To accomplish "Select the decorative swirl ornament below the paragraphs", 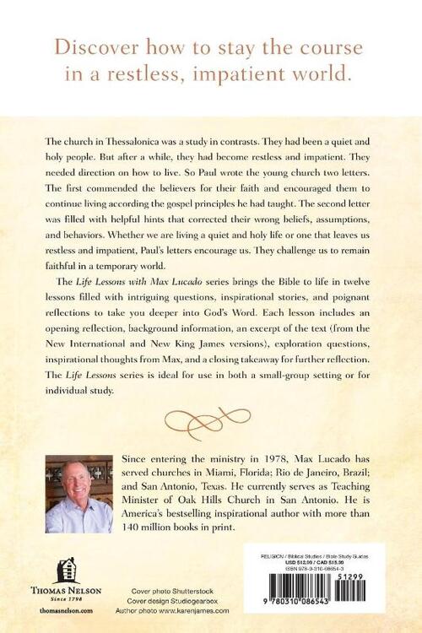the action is pos(211,419).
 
